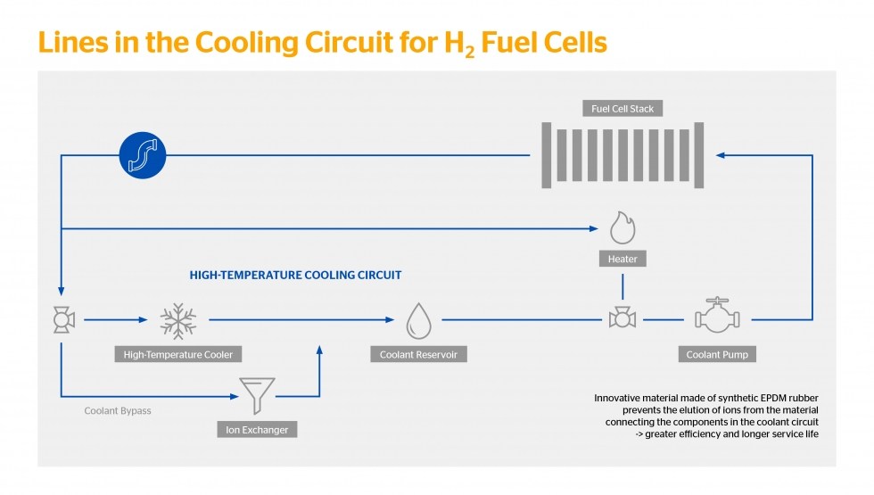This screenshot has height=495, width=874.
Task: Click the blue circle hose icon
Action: click(x=143, y=155)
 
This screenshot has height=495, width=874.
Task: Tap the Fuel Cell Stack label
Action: click(x=623, y=109)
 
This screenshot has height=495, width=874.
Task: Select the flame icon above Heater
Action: click(x=623, y=227)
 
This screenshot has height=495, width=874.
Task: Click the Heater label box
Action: click(x=623, y=259)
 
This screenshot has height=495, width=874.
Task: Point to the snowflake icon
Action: click(x=177, y=321)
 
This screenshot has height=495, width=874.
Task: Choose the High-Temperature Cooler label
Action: click(x=177, y=355)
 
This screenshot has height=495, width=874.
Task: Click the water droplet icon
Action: click(x=418, y=320)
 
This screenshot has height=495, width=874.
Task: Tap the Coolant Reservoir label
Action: click(x=418, y=355)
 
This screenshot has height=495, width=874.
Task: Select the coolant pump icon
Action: click(x=717, y=316)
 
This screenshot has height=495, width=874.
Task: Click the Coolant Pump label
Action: click(x=717, y=355)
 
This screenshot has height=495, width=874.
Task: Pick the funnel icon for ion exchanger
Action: click(x=257, y=395)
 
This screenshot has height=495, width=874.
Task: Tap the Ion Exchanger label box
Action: click(x=257, y=430)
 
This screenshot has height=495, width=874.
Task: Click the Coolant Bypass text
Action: click(x=118, y=411)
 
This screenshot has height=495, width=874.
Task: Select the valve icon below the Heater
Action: click(x=623, y=318)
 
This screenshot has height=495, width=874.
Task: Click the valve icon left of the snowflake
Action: click(x=64, y=319)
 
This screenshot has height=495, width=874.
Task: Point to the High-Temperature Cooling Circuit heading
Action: click(x=295, y=275)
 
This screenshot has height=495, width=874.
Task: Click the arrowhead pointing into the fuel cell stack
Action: click(x=721, y=155)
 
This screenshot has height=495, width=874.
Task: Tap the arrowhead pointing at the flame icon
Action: click(x=594, y=228)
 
